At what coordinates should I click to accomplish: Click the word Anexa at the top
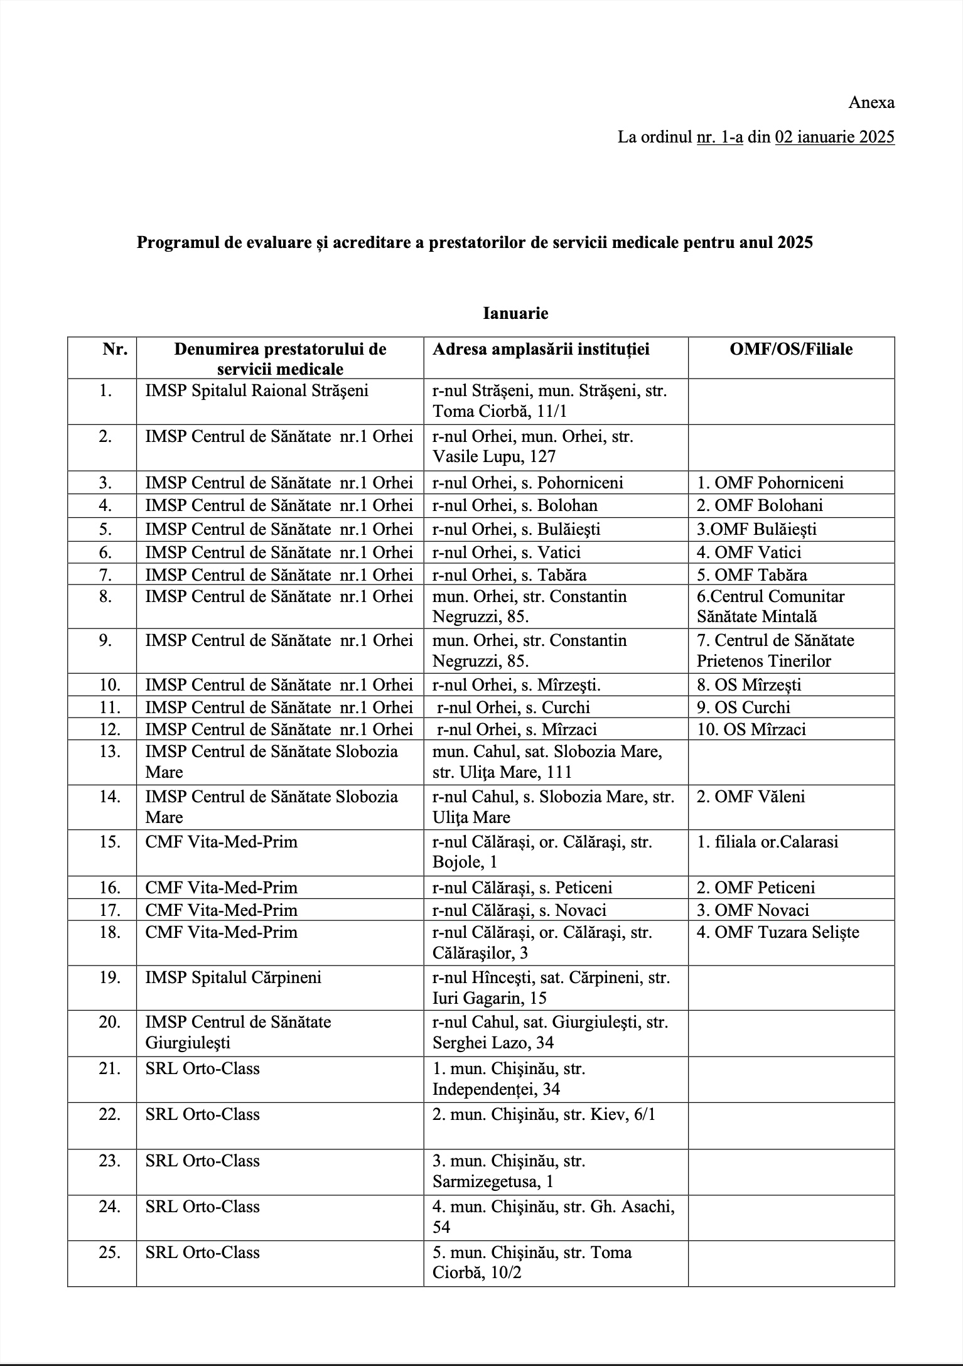(871, 102)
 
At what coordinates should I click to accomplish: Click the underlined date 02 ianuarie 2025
(834, 137)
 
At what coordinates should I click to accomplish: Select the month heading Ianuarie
(515, 313)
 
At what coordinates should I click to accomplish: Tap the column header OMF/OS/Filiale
(791, 349)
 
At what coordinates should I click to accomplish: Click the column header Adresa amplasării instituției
(541, 349)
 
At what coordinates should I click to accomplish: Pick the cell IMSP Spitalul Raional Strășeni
(257, 390)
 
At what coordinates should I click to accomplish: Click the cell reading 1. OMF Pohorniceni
(770, 482)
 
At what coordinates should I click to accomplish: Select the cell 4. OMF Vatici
(749, 552)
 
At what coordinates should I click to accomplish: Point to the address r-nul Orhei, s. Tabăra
(509, 574)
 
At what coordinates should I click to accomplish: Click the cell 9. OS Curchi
(743, 707)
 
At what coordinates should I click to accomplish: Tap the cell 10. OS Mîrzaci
(751, 729)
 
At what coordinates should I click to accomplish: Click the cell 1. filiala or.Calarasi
(767, 841)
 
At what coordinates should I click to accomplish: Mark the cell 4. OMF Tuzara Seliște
(778, 932)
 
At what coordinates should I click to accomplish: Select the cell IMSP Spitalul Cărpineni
(233, 977)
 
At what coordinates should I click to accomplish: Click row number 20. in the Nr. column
(109, 1022)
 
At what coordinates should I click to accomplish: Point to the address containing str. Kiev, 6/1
(544, 1114)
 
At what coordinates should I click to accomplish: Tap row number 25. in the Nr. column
(109, 1252)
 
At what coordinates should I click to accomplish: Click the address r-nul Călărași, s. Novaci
(519, 910)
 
